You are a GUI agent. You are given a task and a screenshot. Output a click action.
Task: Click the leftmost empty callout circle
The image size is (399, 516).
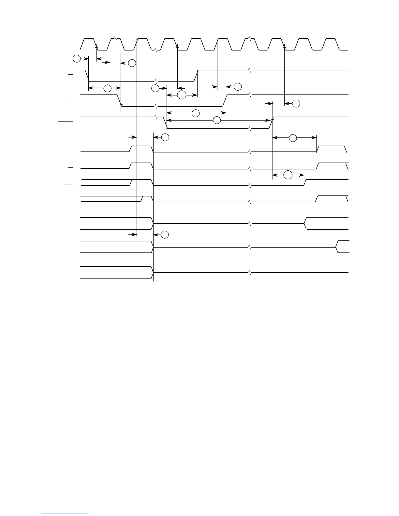click(x=76, y=59)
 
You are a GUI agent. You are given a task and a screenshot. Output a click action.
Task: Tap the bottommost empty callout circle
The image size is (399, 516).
click(x=165, y=234)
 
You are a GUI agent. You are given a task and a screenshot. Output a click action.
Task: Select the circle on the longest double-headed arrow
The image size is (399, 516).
click(x=216, y=121)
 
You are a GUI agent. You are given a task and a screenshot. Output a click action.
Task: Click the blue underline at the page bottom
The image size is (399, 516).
click(x=65, y=513)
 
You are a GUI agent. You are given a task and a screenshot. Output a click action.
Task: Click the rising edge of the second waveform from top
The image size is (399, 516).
click(x=196, y=76)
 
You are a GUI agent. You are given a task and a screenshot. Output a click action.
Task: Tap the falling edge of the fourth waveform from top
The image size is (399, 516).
click(x=165, y=123)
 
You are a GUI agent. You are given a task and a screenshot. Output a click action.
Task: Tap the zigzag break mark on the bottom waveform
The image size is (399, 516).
click(x=250, y=272)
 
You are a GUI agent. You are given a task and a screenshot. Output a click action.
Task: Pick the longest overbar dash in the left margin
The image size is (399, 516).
click(x=65, y=122)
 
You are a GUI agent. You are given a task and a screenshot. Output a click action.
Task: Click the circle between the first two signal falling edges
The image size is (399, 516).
click(x=108, y=88)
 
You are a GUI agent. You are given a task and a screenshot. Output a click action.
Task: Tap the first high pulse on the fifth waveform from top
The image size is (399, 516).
click(x=141, y=147)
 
